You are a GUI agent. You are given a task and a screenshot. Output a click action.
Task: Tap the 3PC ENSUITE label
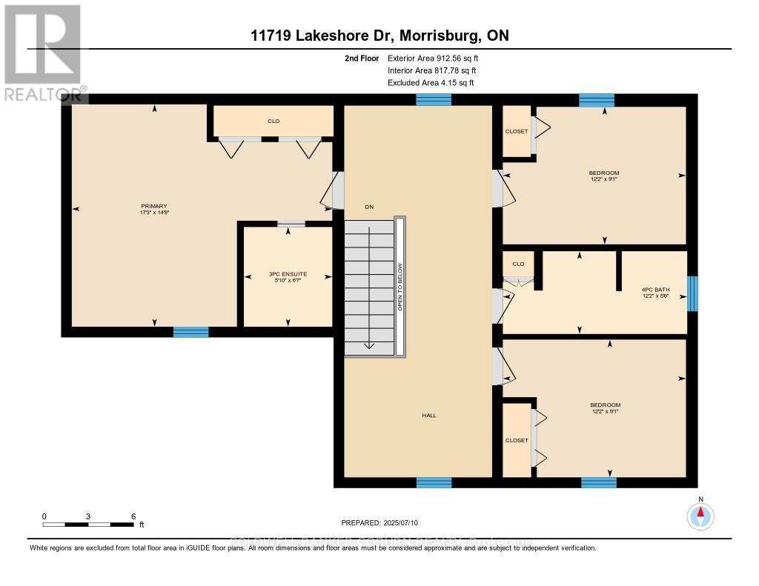pos(288,274)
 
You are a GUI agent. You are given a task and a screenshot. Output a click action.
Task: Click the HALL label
pos(429,416)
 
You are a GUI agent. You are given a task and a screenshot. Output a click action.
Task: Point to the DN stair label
pos(368,207)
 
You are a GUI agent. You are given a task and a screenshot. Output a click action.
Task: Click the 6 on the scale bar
pos(133,516)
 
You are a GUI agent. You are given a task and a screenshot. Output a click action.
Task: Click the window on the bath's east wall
pos(692,293)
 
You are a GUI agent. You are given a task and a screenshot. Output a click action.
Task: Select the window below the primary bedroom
pos(190,332)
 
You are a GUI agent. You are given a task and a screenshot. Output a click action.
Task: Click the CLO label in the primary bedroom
pos(274,121)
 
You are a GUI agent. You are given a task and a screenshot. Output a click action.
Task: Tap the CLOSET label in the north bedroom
pos(517,131)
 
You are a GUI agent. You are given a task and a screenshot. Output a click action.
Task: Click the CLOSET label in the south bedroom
pos(517,440)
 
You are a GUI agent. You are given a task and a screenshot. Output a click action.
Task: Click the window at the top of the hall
pos(434,100)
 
